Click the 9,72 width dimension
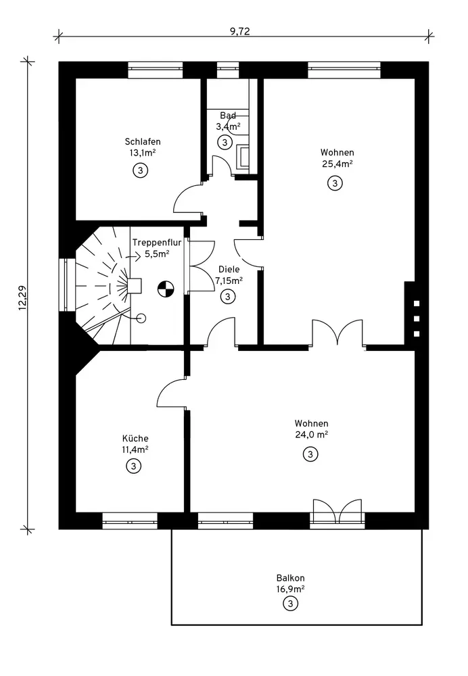[240, 31]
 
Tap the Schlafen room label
[143, 141]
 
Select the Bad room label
[228, 115]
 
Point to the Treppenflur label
[157, 242]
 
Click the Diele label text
[229, 269]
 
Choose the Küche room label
[135, 439]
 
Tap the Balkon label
[291, 578]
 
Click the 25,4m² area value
[337, 164]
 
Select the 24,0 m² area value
[311, 435]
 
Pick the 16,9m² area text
[291, 589]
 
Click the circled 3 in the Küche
[134, 466]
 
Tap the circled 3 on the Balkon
[290, 604]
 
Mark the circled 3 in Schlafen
[140, 171]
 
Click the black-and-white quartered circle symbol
[165, 289]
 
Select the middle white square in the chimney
[417, 318]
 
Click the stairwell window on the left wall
[67, 285]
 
